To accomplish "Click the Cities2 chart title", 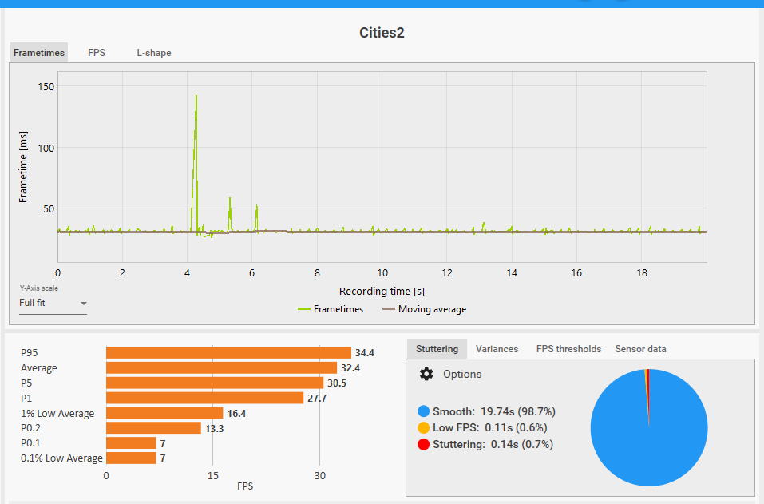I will click(382, 33).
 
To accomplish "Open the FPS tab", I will click(97, 53).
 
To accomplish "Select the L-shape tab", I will click(153, 53).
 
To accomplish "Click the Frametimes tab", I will click(39, 53).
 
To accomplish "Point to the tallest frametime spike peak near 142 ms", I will click(196, 96).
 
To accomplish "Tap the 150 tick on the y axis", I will click(46, 86).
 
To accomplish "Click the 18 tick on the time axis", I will click(642, 272).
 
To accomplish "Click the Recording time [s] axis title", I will click(382, 291).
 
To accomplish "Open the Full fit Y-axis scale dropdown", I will click(53, 304).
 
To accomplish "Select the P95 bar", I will click(228, 352).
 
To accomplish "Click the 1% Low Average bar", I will click(164, 413).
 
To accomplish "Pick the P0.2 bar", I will click(153, 428).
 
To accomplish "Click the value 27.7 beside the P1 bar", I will click(317, 398).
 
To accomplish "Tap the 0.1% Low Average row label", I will click(61, 458).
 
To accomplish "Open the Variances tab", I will click(497, 349).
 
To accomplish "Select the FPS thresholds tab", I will click(568, 349).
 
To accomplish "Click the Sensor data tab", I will click(640, 349).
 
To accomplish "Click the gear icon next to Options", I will click(426, 374).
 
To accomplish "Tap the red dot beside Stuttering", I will click(423, 444).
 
